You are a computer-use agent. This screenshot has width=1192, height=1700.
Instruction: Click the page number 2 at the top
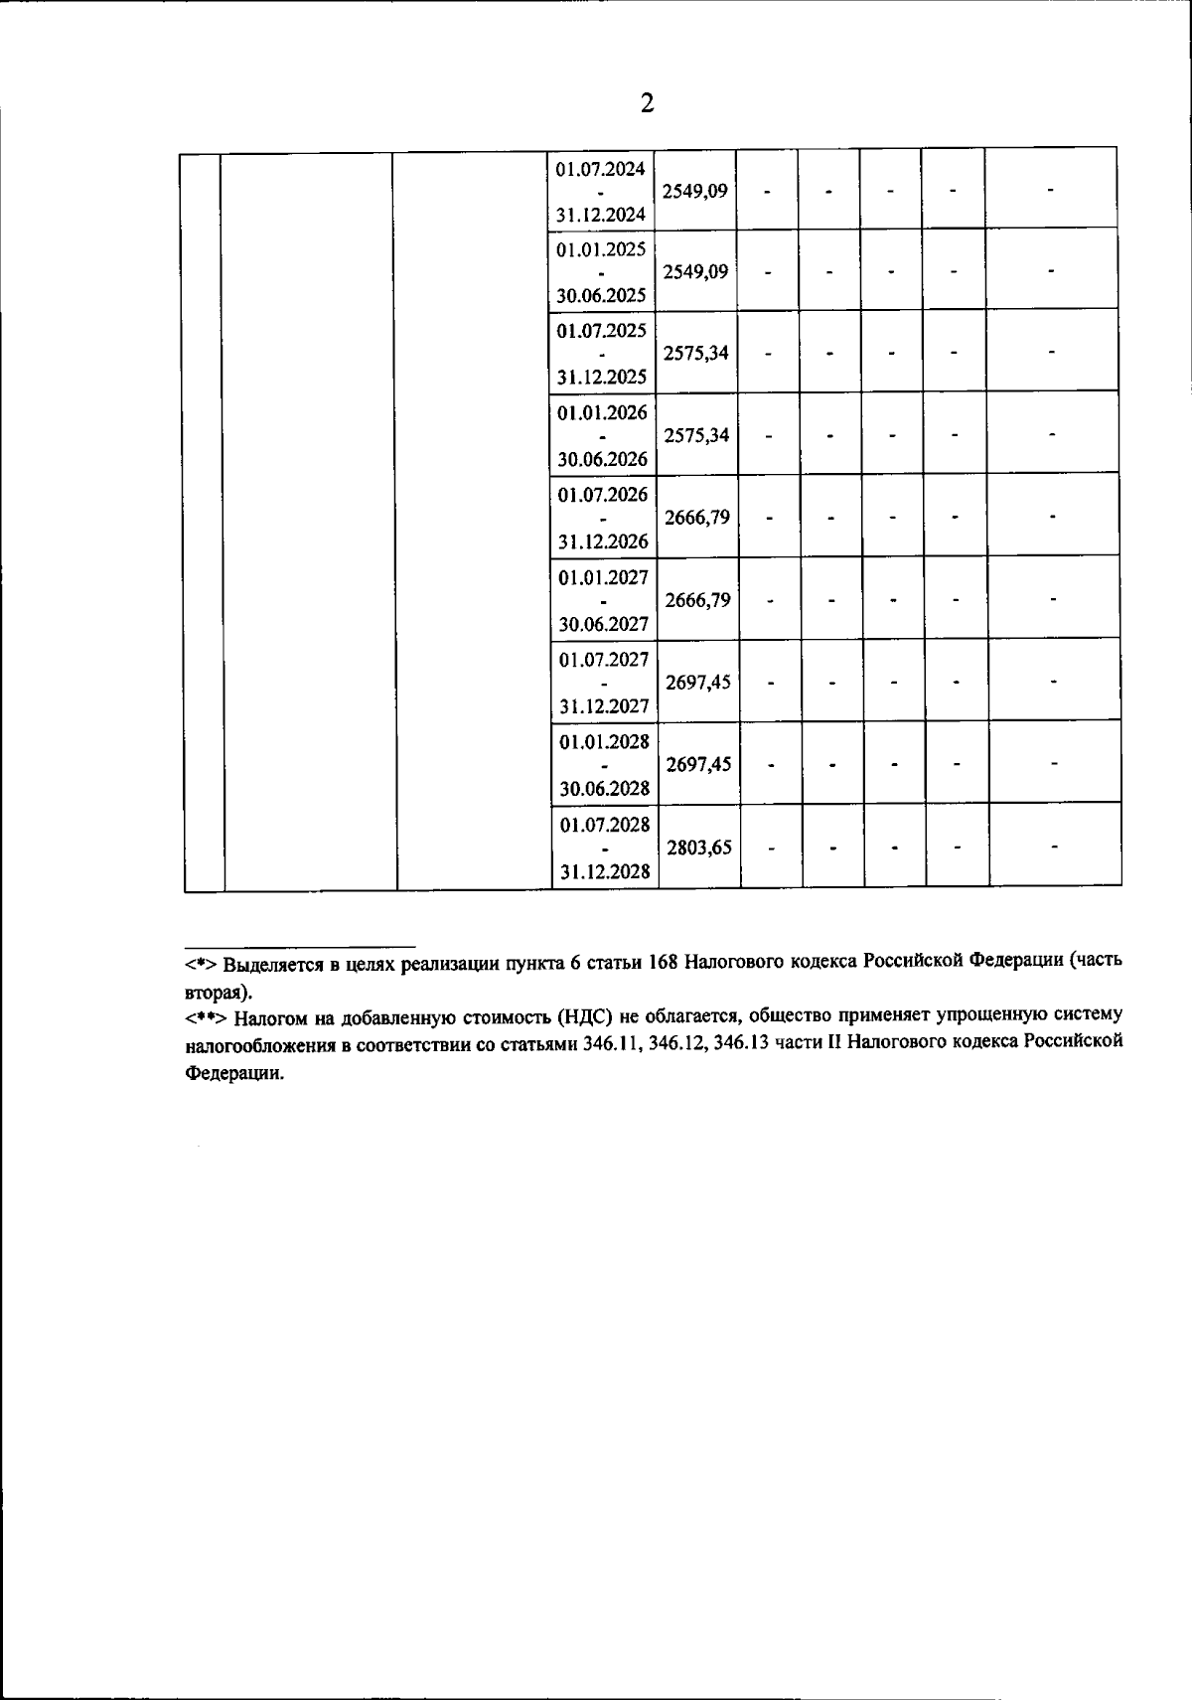(647, 103)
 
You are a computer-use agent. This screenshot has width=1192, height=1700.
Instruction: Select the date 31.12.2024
(600, 214)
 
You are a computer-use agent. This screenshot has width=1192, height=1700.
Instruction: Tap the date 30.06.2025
(601, 295)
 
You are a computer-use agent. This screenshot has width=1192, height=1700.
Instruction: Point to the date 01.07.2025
(601, 330)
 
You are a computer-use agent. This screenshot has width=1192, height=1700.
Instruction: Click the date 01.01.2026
(602, 412)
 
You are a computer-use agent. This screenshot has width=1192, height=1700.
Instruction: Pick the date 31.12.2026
(602, 541)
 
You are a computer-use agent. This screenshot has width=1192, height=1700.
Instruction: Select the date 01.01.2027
(603, 577)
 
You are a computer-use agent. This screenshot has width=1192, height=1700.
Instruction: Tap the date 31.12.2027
(603, 706)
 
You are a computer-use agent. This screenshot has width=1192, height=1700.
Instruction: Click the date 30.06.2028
(604, 789)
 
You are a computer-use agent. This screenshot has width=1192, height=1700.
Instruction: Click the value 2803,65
(699, 848)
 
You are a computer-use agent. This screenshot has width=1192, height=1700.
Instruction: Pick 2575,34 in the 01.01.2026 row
(696, 435)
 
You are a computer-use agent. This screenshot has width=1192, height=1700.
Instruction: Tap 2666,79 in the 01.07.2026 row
(697, 518)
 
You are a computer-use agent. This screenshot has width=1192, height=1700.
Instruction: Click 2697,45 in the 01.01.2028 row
(698, 764)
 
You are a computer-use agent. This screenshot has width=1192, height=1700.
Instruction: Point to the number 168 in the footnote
(663, 962)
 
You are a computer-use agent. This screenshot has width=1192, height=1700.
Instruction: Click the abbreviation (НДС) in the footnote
(579, 1016)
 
